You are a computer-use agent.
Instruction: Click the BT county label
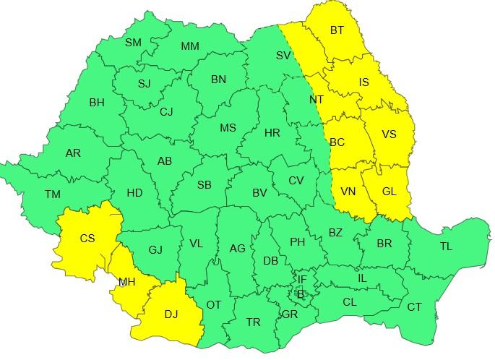[x=337, y=30]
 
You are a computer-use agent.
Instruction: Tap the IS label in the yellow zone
[x=363, y=82]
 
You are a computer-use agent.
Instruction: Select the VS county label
[x=389, y=134]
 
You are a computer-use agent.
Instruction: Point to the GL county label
[x=389, y=192]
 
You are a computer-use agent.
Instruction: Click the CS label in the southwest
[x=87, y=238]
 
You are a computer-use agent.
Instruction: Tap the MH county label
[x=126, y=281]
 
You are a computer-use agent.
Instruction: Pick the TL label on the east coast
[x=446, y=247]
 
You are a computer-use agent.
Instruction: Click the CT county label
[x=414, y=307]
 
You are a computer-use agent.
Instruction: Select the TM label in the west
[x=52, y=194]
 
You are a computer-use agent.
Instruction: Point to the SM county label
[x=133, y=43]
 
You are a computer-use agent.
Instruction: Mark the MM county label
[x=190, y=46]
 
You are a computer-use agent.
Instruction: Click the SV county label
[x=283, y=55]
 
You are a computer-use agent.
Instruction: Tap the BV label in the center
[x=260, y=193]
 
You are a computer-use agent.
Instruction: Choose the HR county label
[x=272, y=133]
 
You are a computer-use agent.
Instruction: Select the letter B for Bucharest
[x=301, y=293]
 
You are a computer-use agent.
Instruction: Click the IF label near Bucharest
[x=302, y=279]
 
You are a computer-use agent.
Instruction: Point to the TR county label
[x=253, y=322]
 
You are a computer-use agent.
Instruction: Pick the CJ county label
[x=167, y=111]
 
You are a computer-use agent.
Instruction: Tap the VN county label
[x=348, y=192]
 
